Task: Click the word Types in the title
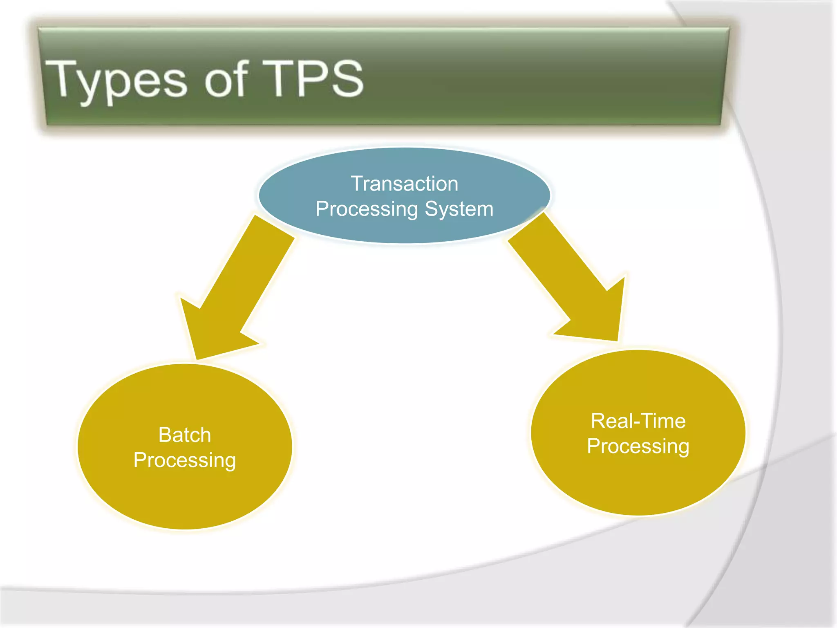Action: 116,80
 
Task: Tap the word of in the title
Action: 226,78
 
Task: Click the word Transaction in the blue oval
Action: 404,184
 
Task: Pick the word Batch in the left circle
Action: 185,435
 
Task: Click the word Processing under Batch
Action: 185,460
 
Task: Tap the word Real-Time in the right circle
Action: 638,421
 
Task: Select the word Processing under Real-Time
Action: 638,446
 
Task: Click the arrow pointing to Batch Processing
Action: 237,286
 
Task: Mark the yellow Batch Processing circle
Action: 185,491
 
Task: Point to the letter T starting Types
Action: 60,78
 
